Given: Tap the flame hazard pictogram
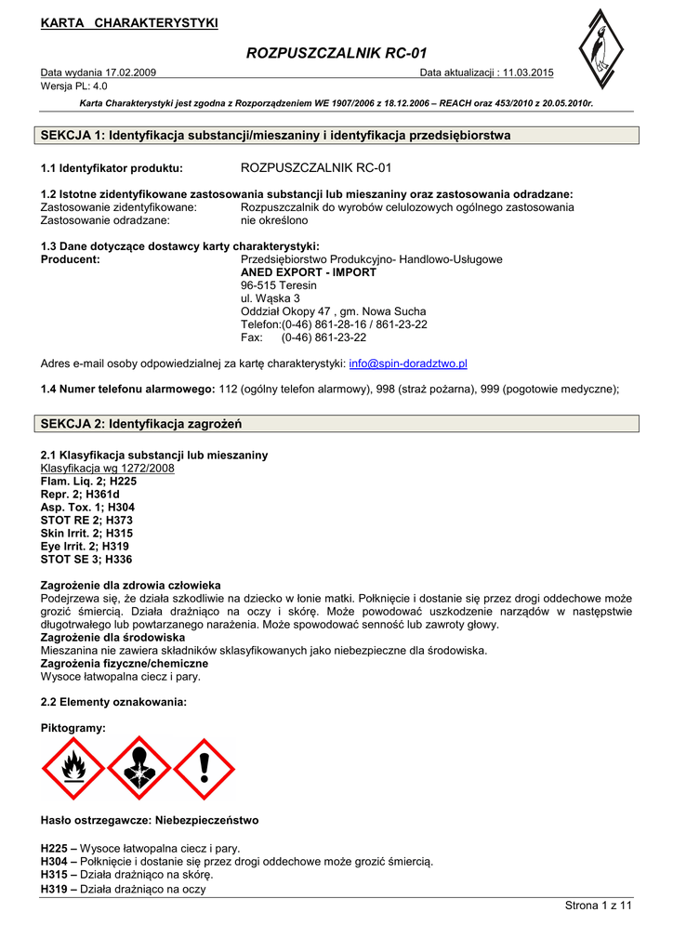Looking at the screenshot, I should click(x=73, y=768).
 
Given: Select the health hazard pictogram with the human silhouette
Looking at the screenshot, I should click(x=139, y=768).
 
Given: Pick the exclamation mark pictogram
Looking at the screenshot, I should click(x=205, y=768).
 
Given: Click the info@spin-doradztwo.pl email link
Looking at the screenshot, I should click(x=408, y=364).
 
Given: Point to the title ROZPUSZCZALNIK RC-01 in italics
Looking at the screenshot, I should click(x=336, y=54).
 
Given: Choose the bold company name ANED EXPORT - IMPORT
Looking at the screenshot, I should click(x=309, y=272).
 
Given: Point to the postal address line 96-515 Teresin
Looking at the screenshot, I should click(x=279, y=285).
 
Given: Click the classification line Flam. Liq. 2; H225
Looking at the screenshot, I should click(x=88, y=482).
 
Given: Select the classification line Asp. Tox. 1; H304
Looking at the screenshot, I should click(x=87, y=508).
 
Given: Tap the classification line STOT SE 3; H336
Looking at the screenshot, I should click(x=86, y=560).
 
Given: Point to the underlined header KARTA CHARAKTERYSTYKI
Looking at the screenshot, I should click(x=129, y=23).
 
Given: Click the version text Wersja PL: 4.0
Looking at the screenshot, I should click(x=74, y=86).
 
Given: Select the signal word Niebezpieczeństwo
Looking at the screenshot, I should click(x=202, y=821).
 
